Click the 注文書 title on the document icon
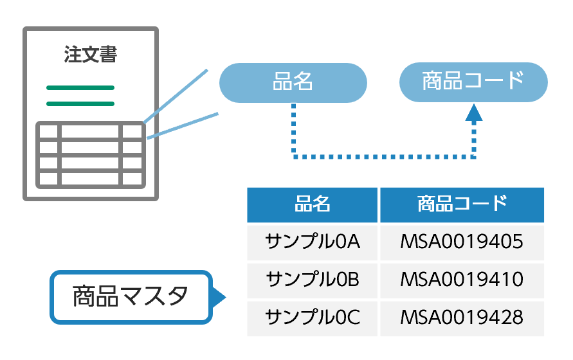(x=91, y=55)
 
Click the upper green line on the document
(x=80, y=87)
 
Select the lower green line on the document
(x=80, y=104)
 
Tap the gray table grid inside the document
(x=90, y=155)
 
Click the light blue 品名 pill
(x=293, y=82)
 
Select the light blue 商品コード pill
(x=473, y=82)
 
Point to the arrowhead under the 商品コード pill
(x=473, y=113)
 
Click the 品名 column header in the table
(x=313, y=204)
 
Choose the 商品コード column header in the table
(x=462, y=204)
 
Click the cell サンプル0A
(x=313, y=242)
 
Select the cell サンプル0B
(x=313, y=280)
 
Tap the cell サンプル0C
(x=313, y=317)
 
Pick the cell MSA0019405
(x=462, y=242)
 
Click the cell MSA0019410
(x=462, y=280)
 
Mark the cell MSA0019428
(x=462, y=317)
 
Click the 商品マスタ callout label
(x=131, y=297)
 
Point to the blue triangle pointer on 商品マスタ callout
(x=219, y=297)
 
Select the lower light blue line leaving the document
(x=183, y=125)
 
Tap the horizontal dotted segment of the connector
(x=383, y=156)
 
